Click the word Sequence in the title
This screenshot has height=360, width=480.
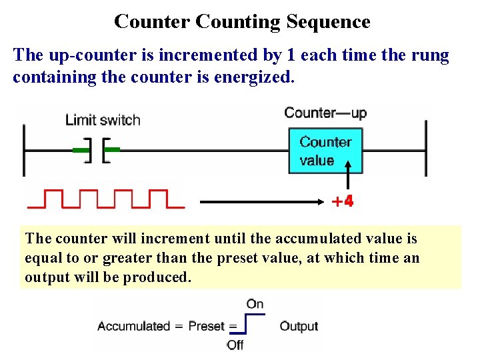point(328,21)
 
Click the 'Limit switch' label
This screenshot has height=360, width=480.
point(103,120)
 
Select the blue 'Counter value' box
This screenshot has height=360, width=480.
point(325,151)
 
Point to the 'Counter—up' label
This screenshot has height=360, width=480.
point(325,112)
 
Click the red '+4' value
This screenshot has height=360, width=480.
point(343,201)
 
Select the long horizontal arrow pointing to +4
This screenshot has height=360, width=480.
point(261,201)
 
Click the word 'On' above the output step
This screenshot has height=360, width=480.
point(255,304)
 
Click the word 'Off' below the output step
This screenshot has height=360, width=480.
point(235,345)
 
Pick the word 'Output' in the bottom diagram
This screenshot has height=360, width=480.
point(299,326)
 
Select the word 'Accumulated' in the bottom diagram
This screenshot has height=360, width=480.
point(133,326)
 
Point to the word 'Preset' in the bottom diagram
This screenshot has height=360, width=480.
point(207,326)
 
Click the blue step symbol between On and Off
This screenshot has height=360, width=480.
point(247,325)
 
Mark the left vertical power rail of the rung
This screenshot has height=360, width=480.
point(24,149)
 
